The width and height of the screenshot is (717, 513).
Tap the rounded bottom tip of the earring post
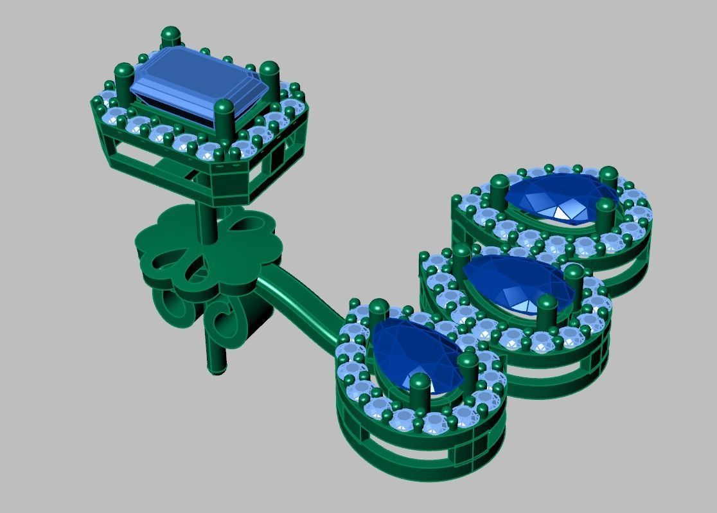click(x=217, y=368)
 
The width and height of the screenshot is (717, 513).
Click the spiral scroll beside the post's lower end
click(x=225, y=321)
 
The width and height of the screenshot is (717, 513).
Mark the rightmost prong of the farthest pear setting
click(x=608, y=179)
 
